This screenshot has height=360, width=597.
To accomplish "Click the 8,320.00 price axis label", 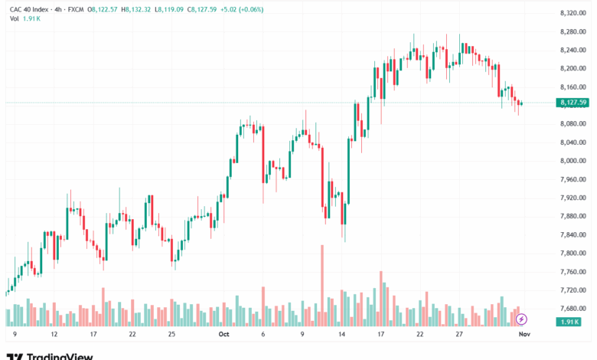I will [x=573, y=13].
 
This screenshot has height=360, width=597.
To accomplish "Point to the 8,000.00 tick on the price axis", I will [x=573, y=161].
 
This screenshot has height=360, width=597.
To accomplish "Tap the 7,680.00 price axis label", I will [x=573, y=309].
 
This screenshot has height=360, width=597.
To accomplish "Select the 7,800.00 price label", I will [x=573, y=254].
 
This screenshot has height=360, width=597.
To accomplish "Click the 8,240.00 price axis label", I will [x=573, y=50].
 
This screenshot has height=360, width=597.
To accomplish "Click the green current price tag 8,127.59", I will [x=573, y=103].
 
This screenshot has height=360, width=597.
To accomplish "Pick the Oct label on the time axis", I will [x=223, y=335].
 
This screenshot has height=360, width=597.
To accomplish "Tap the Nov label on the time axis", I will [x=524, y=335].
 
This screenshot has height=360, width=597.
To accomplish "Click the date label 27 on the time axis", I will [x=459, y=335].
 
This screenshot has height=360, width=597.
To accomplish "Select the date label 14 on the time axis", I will [x=341, y=335].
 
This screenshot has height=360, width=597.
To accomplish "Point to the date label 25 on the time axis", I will [x=171, y=335].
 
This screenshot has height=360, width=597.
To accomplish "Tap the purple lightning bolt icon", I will [x=521, y=319].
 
